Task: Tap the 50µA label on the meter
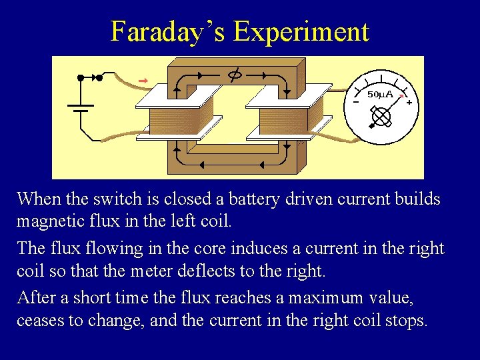381,95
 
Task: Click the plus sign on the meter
409,103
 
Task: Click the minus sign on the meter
355,102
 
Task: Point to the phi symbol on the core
234,75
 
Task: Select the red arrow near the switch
142,81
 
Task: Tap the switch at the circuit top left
90,77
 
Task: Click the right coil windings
285,122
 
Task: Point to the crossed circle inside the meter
381,117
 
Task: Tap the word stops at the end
406,321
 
